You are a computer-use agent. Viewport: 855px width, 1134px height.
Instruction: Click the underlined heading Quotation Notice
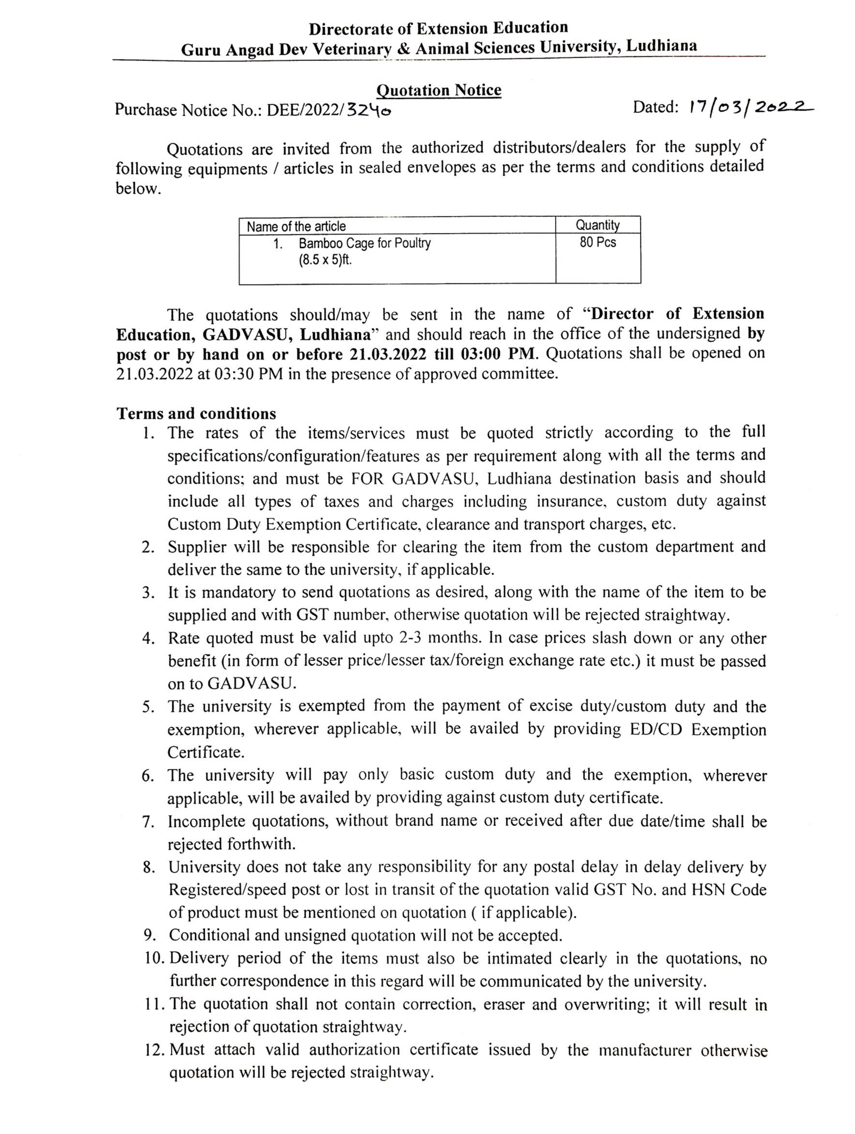tap(438, 90)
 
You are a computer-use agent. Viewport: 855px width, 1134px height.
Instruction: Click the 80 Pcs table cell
tap(598, 242)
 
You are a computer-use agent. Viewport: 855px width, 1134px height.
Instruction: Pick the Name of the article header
tap(296, 227)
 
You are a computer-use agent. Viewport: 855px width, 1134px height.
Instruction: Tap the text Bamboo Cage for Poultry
tap(364, 243)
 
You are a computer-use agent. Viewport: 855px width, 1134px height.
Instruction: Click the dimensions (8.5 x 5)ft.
tap(326, 260)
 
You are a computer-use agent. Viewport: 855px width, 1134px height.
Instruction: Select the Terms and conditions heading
tap(196, 413)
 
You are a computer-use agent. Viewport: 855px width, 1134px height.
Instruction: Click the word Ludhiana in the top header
tap(662, 46)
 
